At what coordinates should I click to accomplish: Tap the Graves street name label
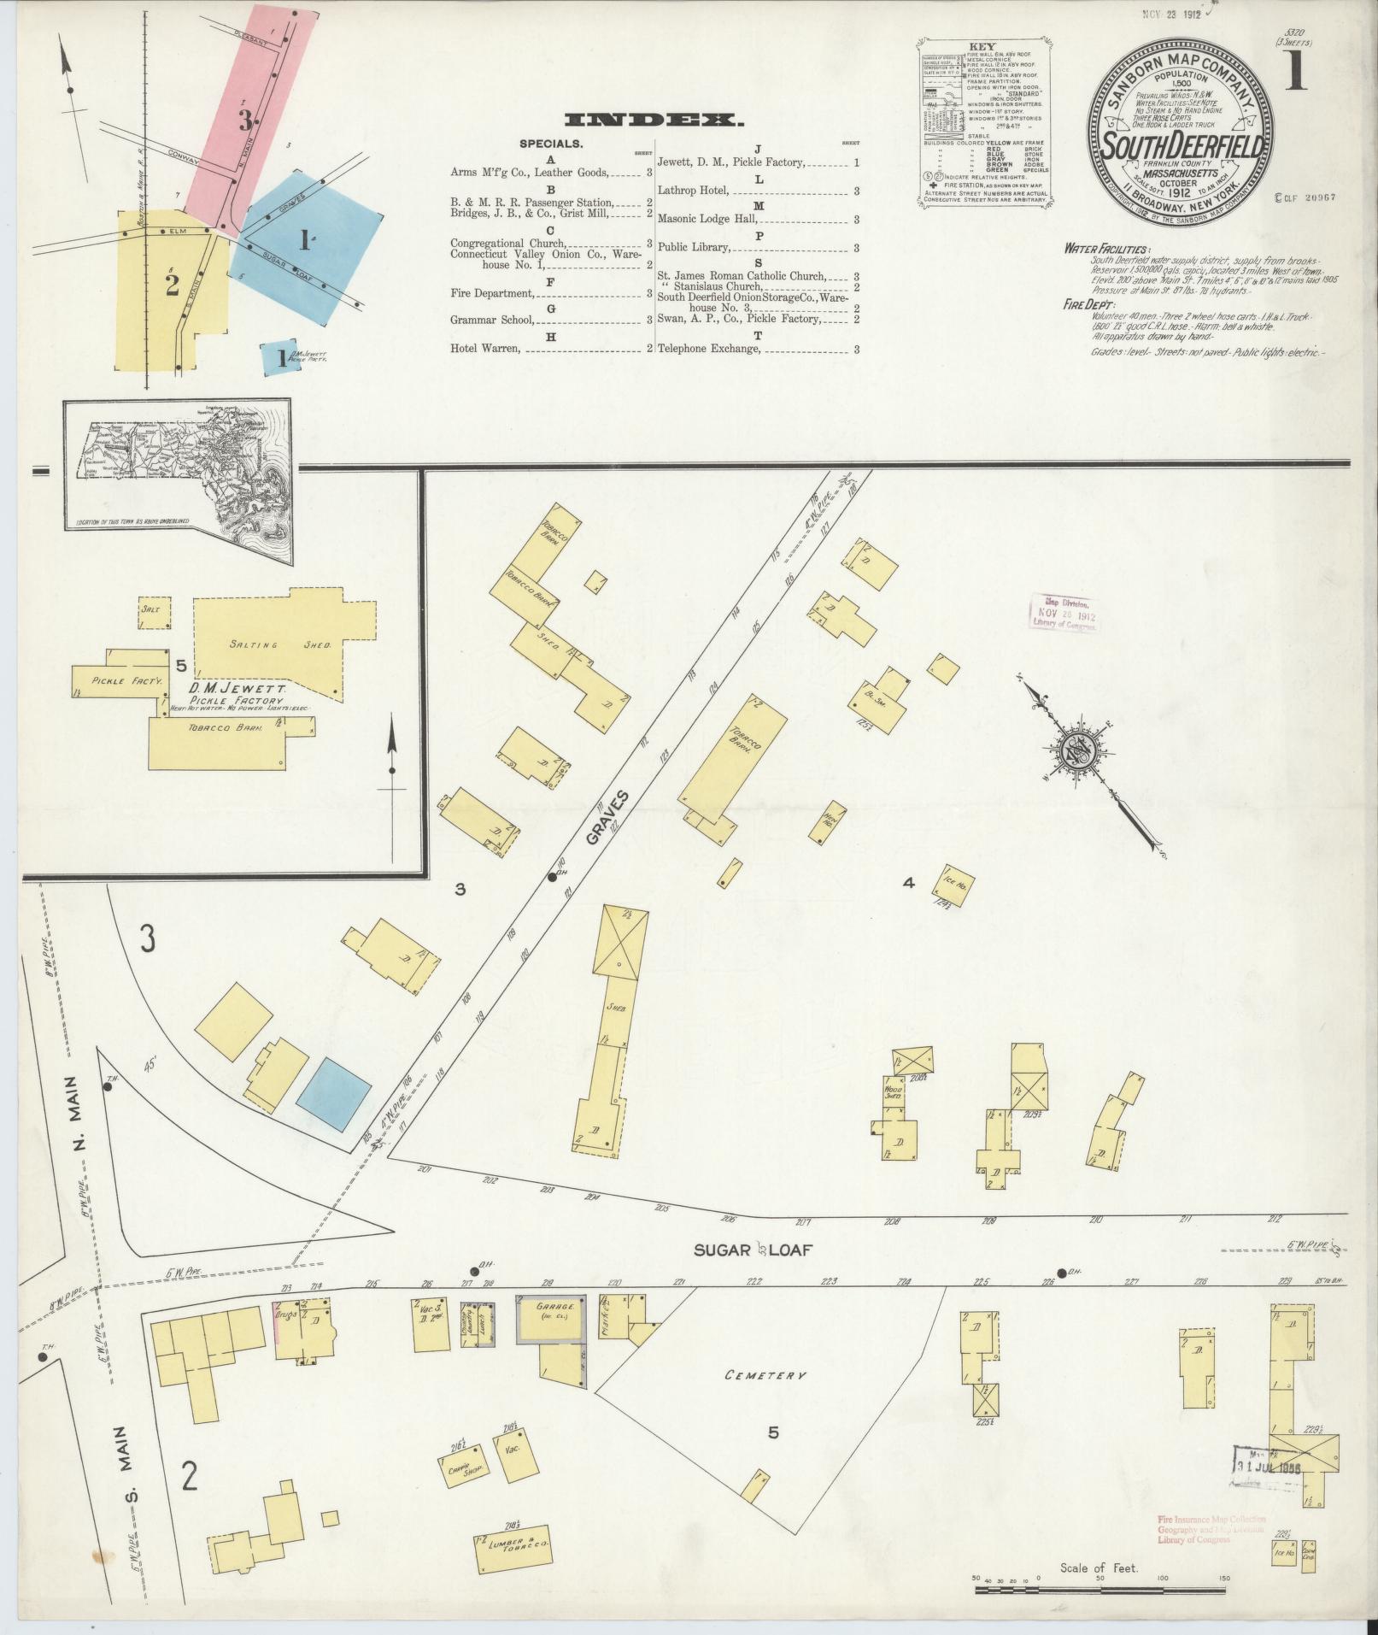click(x=607, y=818)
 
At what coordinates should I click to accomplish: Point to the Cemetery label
click(x=765, y=1375)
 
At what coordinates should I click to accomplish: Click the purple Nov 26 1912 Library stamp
click(x=1064, y=612)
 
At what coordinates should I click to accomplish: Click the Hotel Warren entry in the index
click(x=485, y=349)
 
